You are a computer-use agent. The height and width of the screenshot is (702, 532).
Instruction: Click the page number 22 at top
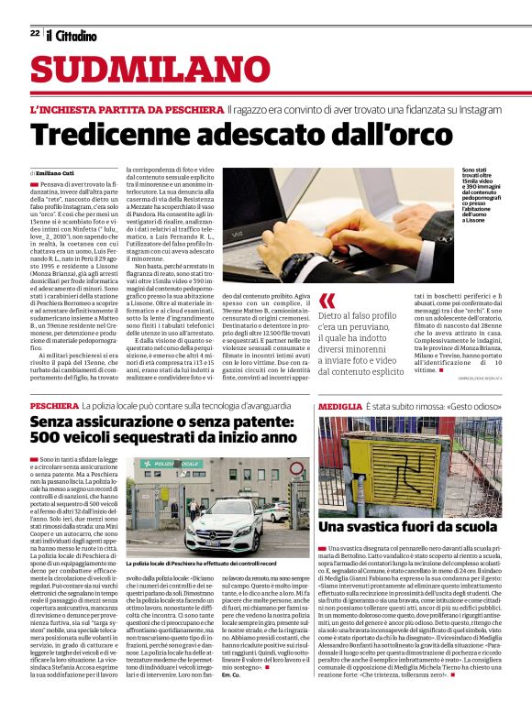coord(34,33)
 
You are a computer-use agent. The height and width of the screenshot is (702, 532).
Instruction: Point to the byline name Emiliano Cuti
coord(54,173)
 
